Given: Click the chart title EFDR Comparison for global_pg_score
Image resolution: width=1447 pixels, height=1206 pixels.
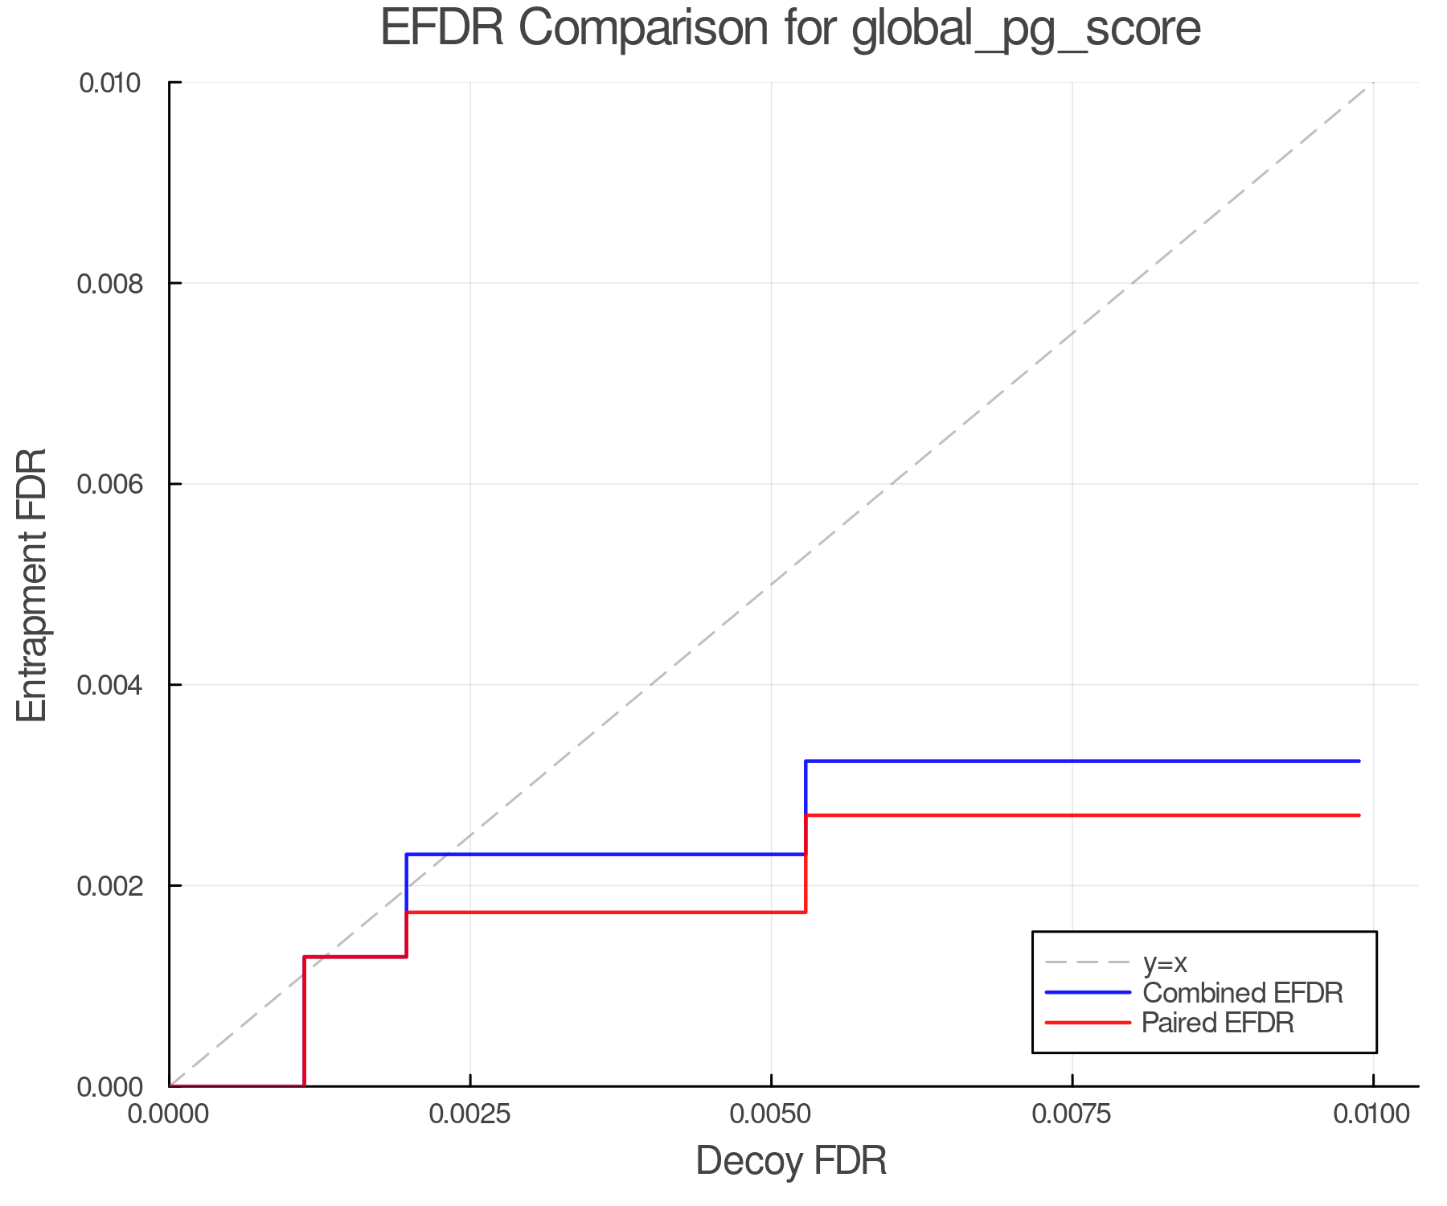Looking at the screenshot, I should click(x=790, y=29).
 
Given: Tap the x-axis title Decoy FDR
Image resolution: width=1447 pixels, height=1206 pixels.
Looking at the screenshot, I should click(x=791, y=1161).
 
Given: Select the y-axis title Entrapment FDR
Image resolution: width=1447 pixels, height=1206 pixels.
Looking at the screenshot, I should click(x=33, y=585).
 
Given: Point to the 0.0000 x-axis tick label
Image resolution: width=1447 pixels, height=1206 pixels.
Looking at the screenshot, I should click(x=169, y=1114).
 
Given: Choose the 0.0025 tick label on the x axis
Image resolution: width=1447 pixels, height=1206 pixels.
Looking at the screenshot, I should click(x=470, y=1114).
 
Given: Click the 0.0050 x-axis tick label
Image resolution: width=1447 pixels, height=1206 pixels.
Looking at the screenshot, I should click(x=771, y=1114).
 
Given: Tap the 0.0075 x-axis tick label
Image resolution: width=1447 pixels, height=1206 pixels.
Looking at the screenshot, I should click(x=1072, y=1114).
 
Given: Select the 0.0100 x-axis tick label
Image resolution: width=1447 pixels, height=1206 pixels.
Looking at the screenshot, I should click(x=1372, y=1114).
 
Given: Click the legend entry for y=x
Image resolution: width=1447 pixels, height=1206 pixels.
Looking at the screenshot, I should click(x=1165, y=962).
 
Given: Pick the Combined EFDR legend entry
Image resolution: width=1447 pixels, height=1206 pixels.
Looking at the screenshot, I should click(x=1242, y=993).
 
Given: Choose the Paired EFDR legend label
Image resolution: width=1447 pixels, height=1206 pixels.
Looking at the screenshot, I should click(x=1218, y=1023).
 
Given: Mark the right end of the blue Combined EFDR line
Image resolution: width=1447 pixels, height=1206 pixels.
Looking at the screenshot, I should click(x=1359, y=761).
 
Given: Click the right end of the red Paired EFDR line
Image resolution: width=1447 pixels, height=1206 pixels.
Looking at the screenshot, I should click(x=1359, y=815).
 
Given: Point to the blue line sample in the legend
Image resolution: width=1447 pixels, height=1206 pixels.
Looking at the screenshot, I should click(x=1088, y=993).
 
